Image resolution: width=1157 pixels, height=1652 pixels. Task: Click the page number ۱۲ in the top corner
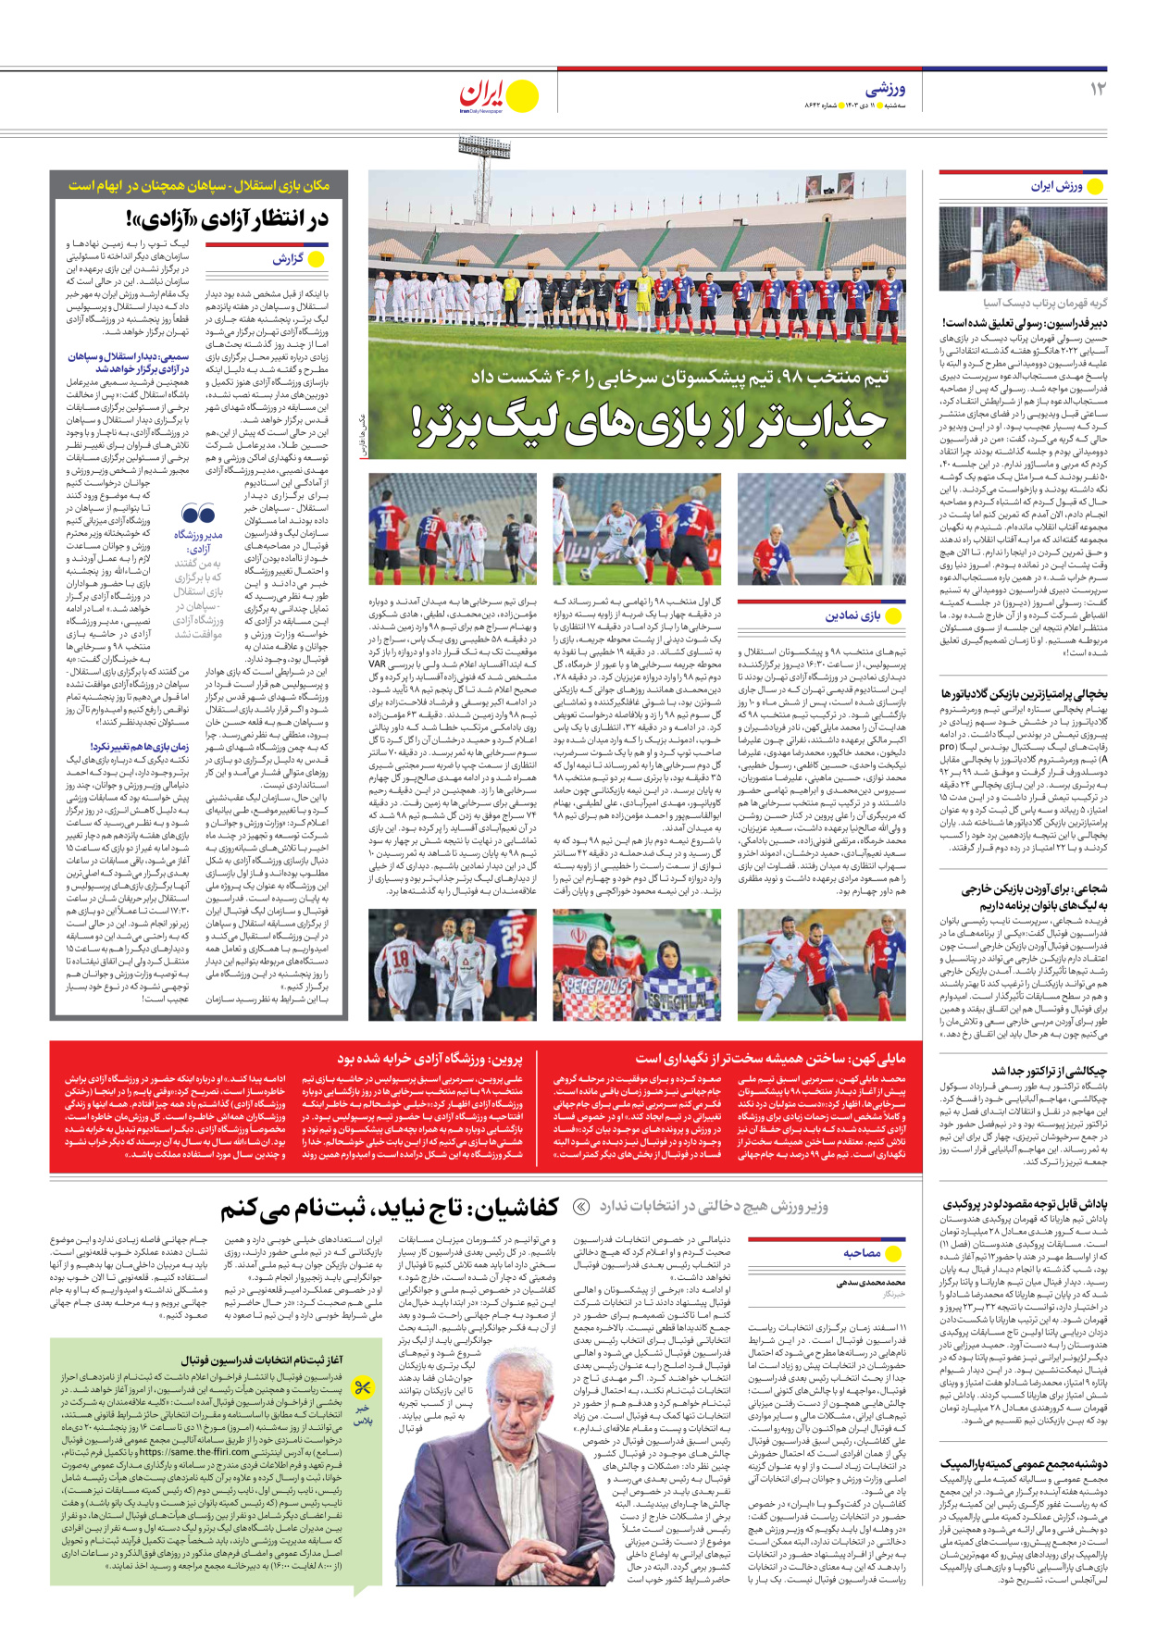[x=1097, y=89]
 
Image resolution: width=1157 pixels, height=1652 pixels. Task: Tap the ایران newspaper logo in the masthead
[x=498, y=95]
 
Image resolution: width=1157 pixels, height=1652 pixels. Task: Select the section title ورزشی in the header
[x=885, y=89]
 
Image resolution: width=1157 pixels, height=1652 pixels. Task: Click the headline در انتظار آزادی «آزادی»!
[x=227, y=219]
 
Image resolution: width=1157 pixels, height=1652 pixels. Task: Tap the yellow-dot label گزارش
[x=297, y=259]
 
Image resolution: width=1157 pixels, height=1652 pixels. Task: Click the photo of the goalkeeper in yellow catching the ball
[x=822, y=529]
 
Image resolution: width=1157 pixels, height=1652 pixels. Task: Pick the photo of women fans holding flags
[x=637, y=965]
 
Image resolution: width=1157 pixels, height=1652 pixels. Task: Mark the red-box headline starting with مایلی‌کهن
[x=770, y=1058]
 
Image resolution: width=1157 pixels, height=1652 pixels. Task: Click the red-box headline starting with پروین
[x=429, y=1058]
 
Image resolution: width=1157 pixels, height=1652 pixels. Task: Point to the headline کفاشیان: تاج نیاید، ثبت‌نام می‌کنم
[x=389, y=1208]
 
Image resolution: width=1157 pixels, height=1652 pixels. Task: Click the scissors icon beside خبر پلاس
[x=363, y=1386]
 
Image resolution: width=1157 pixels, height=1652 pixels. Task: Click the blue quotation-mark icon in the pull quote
[x=198, y=514]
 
